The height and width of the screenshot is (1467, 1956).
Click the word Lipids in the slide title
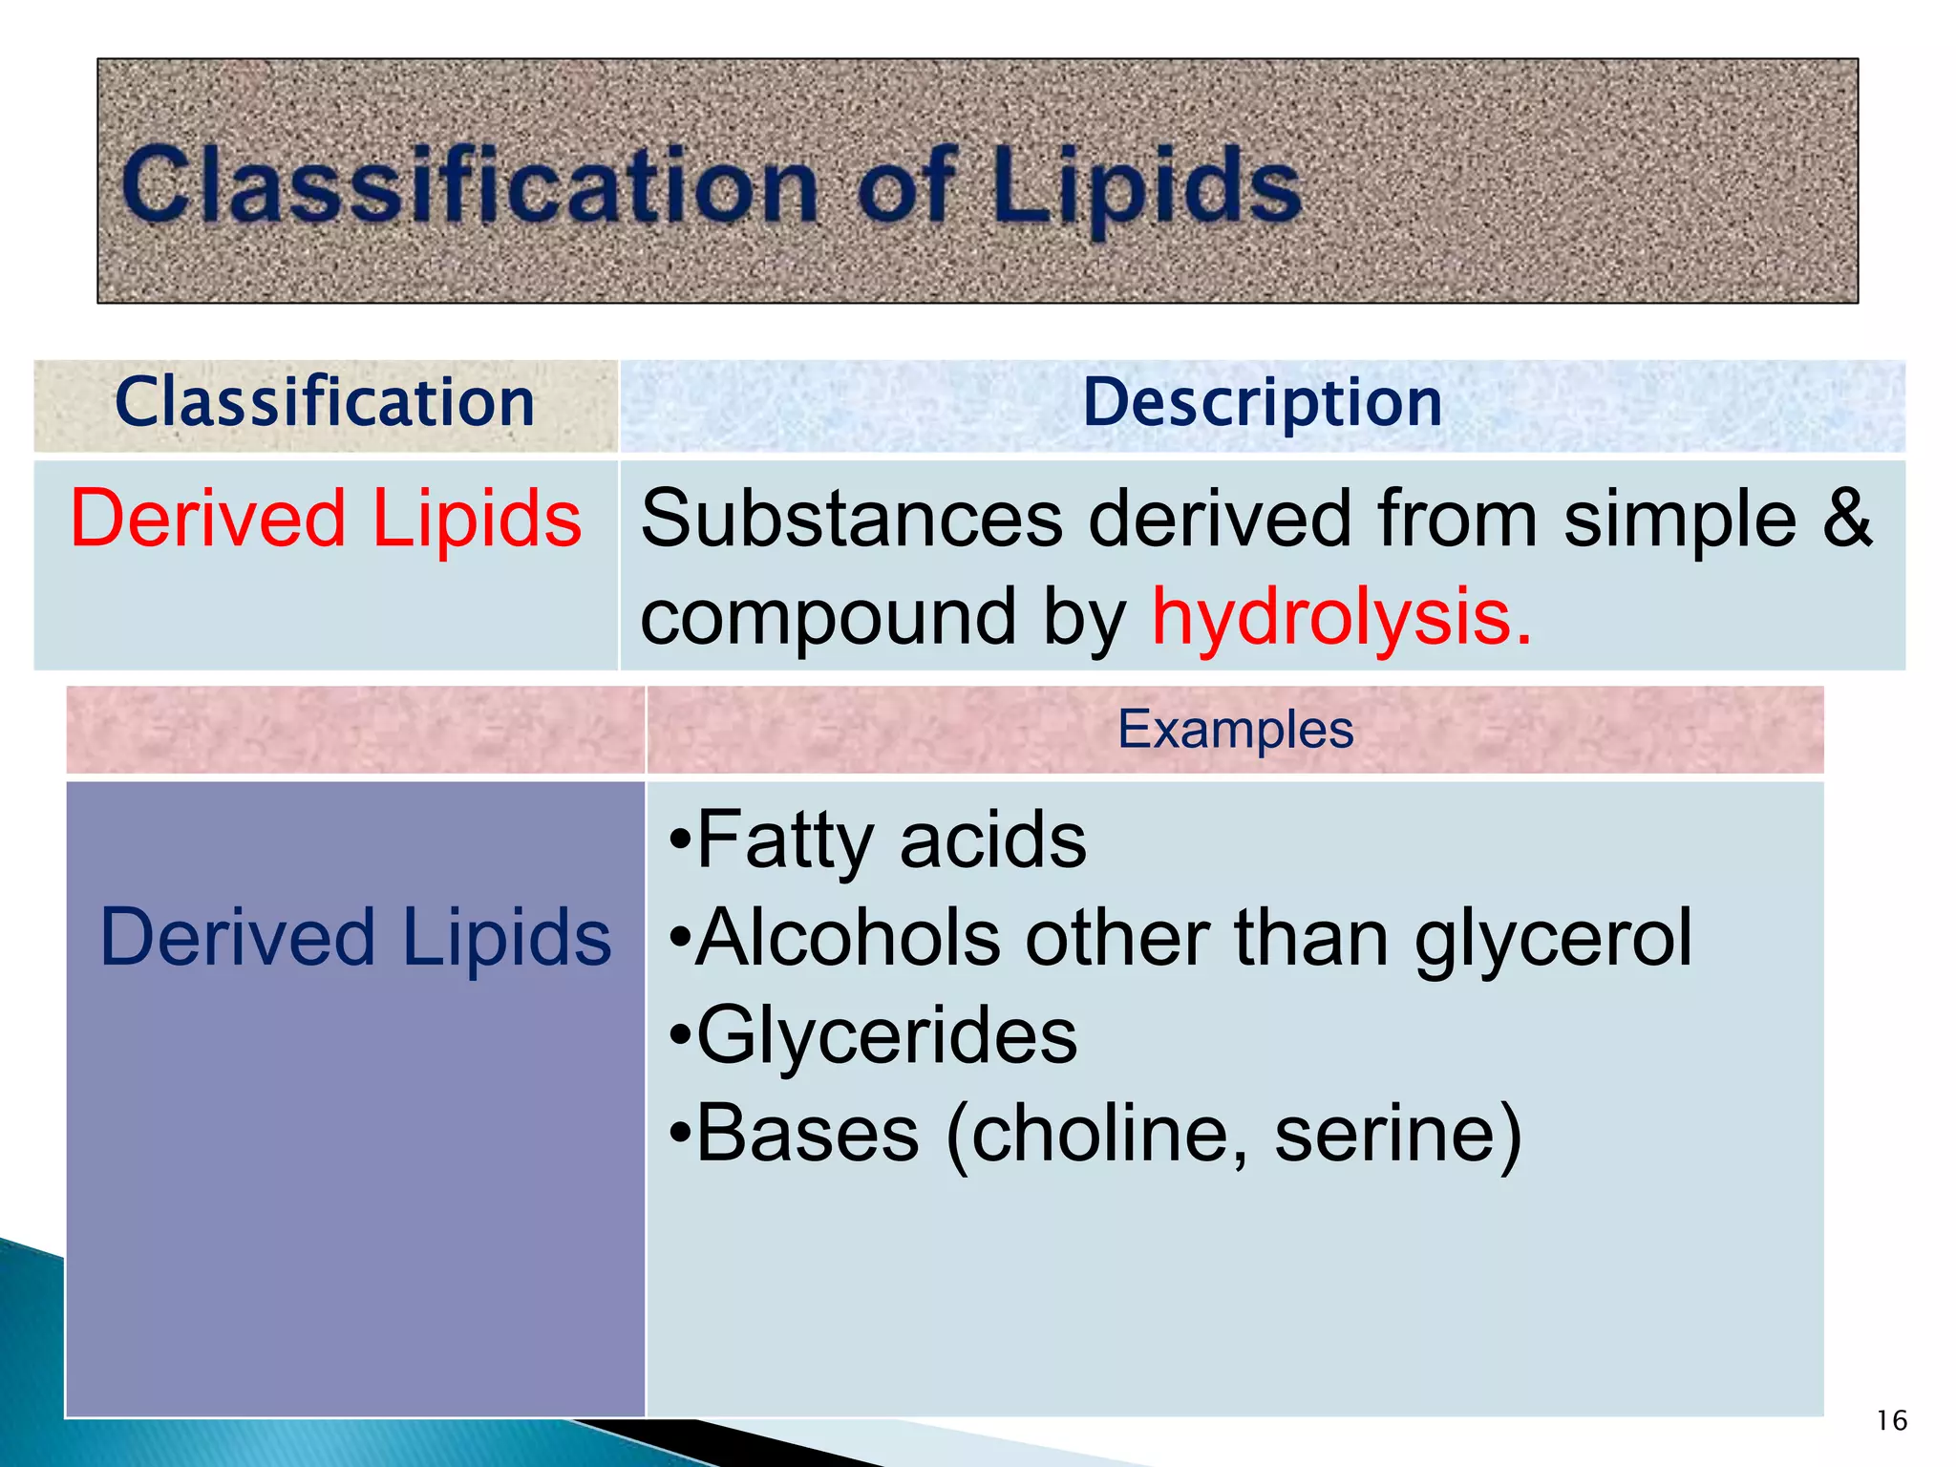[1144, 186]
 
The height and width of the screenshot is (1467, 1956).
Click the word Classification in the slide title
[468, 186]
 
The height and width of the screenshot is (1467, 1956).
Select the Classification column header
[325, 402]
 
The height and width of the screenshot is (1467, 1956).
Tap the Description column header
[1262, 402]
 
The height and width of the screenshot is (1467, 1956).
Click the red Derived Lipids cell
[326, 519]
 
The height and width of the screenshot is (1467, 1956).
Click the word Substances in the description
[851, 519]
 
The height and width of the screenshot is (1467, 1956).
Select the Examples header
[1235, 730]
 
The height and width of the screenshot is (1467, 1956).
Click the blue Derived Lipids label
[355, 938]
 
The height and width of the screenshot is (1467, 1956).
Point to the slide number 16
[1891, 1420]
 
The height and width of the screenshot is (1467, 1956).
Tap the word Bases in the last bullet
[808, 1134]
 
